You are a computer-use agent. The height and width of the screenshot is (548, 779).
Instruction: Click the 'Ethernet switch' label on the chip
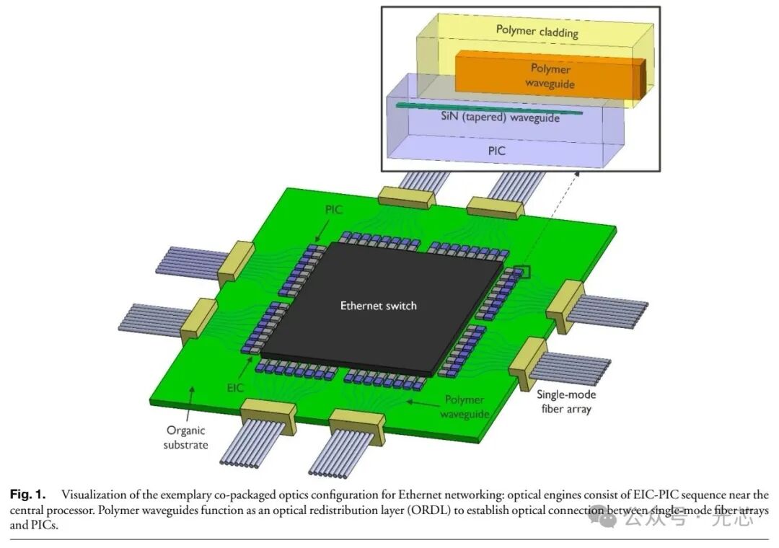coord(379,306)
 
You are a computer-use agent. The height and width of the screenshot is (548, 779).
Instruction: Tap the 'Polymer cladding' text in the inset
coord(537,31)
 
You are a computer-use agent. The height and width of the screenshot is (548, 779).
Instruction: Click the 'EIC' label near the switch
coord(235,389)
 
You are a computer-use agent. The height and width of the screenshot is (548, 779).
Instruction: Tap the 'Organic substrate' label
coord(186,437)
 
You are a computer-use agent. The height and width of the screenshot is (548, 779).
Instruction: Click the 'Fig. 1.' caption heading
coord(27,495)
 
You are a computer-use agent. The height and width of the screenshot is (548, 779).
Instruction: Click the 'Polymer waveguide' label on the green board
coord(466,406)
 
